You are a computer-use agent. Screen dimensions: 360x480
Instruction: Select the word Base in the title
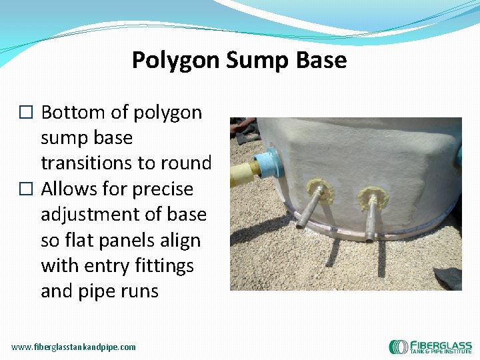[321, 61]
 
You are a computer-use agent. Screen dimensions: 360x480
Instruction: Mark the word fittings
[163, 265]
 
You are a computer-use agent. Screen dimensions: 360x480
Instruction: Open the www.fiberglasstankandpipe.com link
[73, 347]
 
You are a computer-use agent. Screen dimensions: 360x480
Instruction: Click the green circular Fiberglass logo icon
[398, 347]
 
